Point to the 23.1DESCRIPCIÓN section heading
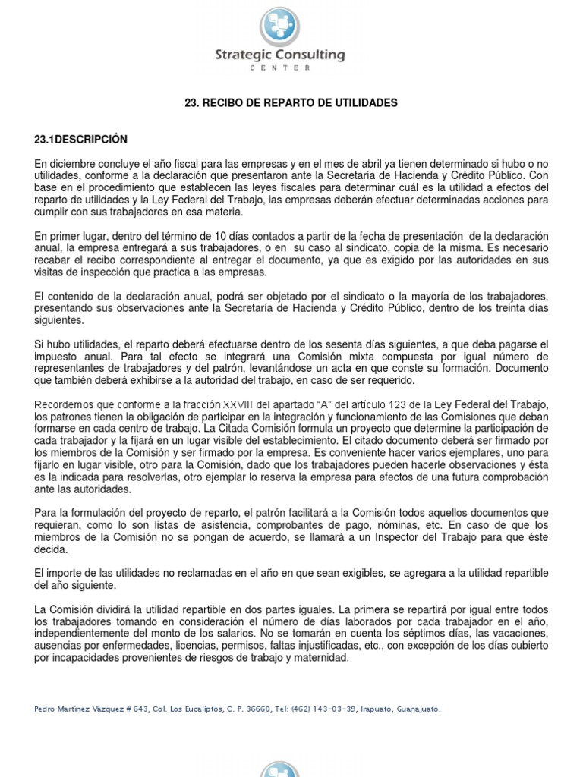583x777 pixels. [81, 140]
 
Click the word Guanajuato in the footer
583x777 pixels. [418, 709]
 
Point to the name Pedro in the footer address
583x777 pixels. [46, 709]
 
